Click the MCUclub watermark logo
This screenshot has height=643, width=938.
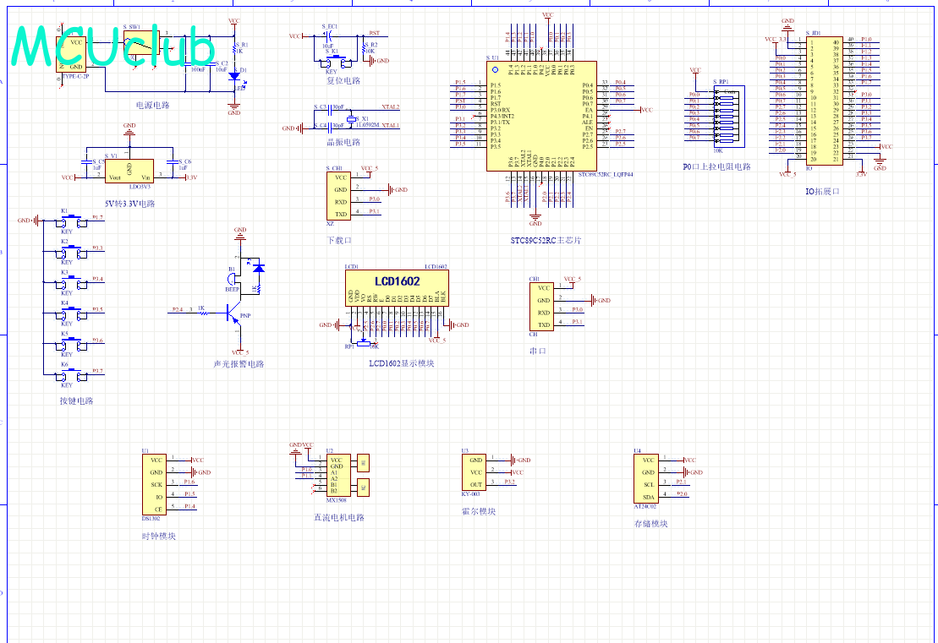point(113,46)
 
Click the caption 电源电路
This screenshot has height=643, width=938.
point(153,106)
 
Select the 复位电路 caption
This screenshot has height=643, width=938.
point(343,81)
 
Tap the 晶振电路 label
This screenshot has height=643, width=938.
point(343,143)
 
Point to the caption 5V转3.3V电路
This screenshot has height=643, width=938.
point(130,204)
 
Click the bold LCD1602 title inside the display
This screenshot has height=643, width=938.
point(398,281)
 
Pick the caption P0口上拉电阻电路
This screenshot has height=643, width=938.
point(716,167)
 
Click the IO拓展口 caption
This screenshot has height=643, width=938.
point(823,192)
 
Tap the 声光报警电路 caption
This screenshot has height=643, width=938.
point(239,364)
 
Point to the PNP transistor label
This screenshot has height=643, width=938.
point(245,316)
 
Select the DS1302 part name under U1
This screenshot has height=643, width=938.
point(151,519)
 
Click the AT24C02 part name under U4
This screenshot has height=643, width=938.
point(645,507)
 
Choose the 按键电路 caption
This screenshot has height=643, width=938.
point(76,401)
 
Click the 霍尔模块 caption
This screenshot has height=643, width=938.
point(479,511)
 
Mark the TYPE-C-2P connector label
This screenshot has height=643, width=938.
point(75,77)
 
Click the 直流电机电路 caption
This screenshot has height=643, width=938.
point(338,518)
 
